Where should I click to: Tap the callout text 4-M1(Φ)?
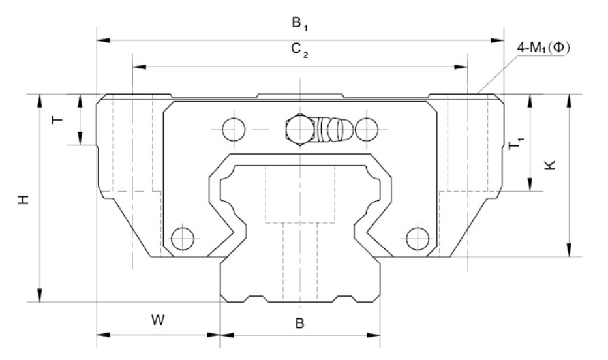tap(543, 49)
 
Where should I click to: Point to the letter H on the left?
tap(24, 199)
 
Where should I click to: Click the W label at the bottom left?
tap(158, 320)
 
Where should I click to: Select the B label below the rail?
tap(299, 323)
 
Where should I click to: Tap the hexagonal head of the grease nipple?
tap(299, 128)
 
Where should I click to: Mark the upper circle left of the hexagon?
tap(233, 129)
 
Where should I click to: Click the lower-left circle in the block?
tap(181, 238)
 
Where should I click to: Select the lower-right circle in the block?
tap(417, 238)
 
